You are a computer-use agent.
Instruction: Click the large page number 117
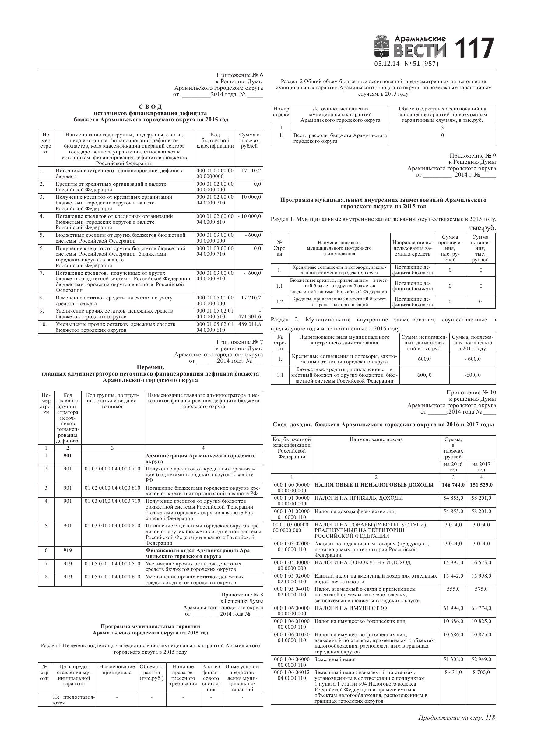click(x=474, y=48)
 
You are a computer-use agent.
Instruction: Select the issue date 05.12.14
click(x=387, y=64)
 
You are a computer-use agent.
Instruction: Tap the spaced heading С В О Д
click(x=150, y=107)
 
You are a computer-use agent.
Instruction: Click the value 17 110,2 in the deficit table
click(x=251, y=171)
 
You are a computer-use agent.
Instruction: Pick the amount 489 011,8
click(x=249, y=324)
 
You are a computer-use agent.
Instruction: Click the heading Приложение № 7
click(x=240, y=342)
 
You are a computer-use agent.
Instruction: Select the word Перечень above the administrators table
click(x=150, y=367)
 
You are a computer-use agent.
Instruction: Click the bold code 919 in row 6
click(x=68, y=551)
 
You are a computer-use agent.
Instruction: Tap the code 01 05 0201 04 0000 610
click(x=112, y=577)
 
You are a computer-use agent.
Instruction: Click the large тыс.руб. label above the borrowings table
click(x=482, y=228)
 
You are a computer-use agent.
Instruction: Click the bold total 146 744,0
click(x=453, y=485)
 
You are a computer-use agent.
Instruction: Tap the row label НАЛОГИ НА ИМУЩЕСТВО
click(x=350, y=608)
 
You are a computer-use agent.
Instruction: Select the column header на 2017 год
click(x=481, y=467)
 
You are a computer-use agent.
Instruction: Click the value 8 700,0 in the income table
click(x=481, y=673)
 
